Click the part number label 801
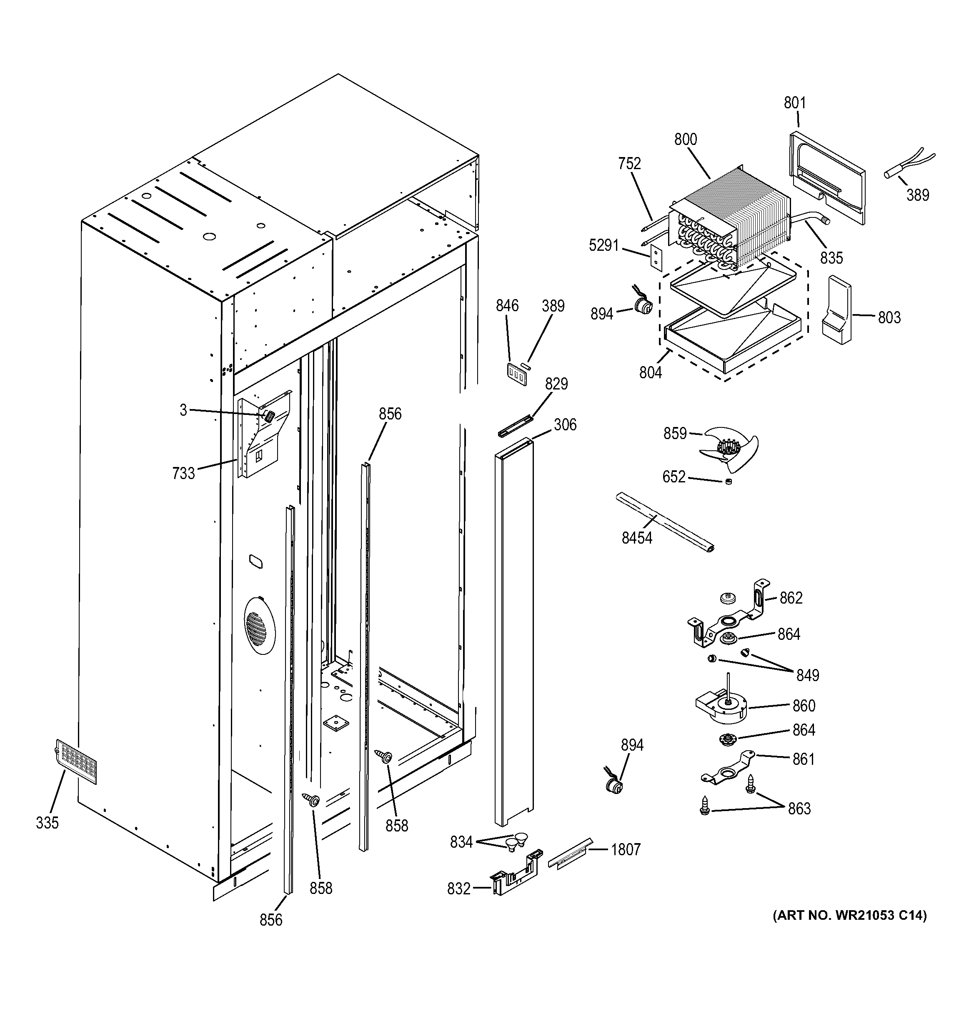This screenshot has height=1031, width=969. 794,103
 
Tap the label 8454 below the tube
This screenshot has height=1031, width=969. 636,538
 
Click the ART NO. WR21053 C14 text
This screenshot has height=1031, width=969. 850,915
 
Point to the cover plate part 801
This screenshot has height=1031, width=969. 830,176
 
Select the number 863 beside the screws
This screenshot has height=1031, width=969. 799,809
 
